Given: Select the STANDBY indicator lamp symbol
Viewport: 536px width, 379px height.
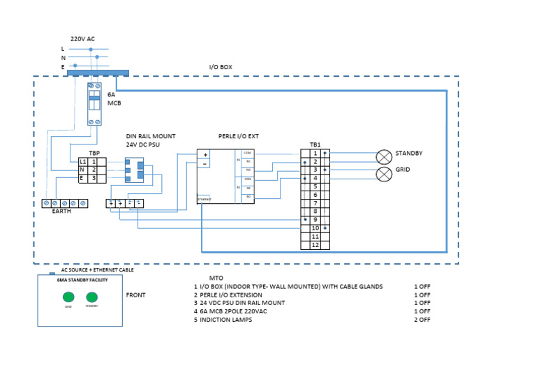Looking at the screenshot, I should tap(384, 156).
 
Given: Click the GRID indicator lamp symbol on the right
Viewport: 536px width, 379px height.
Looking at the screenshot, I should tap(384, 173).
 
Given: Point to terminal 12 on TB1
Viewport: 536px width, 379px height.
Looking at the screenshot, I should tap(315, 245).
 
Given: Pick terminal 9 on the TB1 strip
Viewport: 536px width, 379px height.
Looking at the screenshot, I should tap(315, 220).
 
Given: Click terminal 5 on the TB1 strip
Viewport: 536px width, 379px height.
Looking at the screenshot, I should tap(315, 186).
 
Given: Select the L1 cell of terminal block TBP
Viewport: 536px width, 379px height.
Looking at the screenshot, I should tap(83, 161).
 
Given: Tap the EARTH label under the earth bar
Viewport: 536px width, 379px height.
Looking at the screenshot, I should tap(61, 211).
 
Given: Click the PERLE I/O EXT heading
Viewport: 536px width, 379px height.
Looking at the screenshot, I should tap(239, 137).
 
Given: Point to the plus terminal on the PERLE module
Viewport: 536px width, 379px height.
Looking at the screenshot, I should tap(205, 154).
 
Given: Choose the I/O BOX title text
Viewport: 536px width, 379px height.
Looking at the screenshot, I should tap(221, 67).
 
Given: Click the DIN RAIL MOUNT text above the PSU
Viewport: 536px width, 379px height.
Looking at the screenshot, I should tap(151, 137).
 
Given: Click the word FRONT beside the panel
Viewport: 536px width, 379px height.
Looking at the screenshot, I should tap(135, 295).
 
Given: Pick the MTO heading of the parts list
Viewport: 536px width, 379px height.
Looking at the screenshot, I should tap(216, 277).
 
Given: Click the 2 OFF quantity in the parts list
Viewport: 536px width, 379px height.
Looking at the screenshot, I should tap(422, 320).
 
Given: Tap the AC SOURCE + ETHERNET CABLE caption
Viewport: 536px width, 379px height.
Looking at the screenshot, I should tap(97, 269).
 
